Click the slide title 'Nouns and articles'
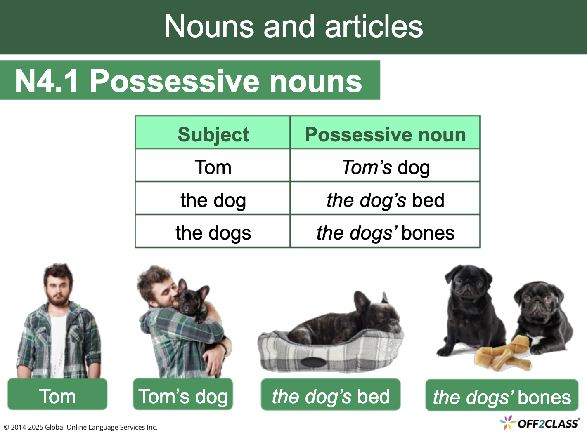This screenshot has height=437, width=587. coord(293,27)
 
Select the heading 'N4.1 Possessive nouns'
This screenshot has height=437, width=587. coord(188,81)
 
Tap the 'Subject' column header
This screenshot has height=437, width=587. coord(213,134)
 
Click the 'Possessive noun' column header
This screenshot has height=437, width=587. coord(385,134)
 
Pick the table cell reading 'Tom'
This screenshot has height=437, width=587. coord(213,167)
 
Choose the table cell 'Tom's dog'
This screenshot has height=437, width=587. coord(386,167)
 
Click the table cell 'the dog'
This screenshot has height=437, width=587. coord(213,200)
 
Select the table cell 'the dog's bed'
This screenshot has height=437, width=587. coord(385,200)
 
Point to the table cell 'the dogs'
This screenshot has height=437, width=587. coord(213,233)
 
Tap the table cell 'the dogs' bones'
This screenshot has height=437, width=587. coord(385,233)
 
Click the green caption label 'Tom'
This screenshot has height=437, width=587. coord(57,396)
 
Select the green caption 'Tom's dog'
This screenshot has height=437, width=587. coord(183,396)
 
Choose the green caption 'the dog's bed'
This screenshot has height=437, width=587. coord(330,396)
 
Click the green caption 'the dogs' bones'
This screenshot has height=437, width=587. coord(502,397)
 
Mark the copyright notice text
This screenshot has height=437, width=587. coord(80,427)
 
